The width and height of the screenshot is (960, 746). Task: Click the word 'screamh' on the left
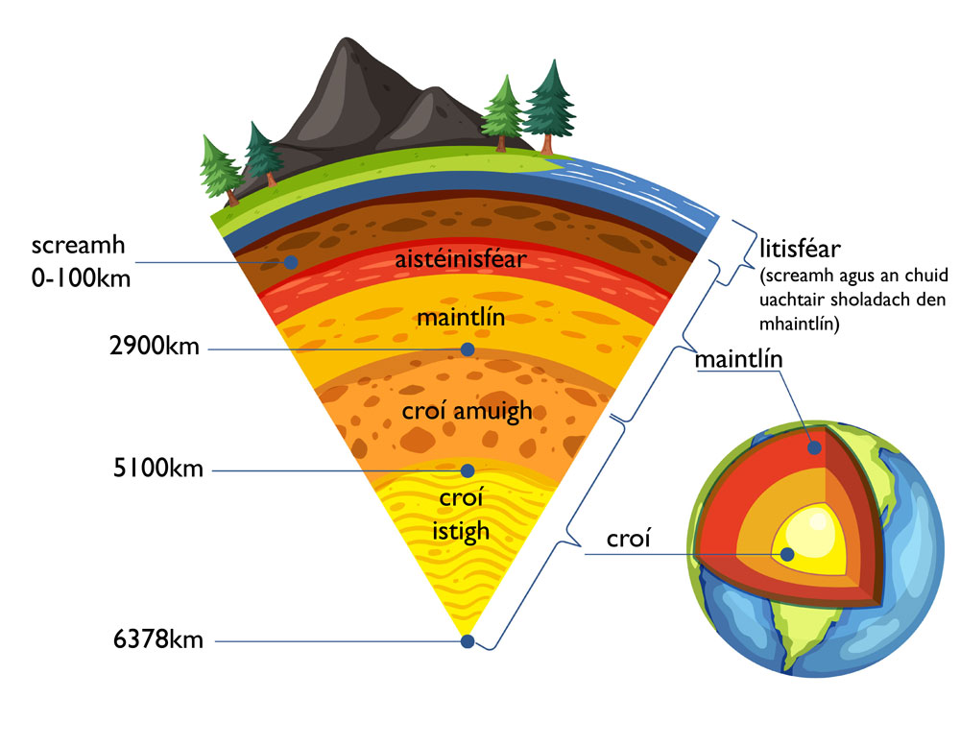point(71,247)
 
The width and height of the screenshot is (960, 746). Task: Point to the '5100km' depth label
point(157,470)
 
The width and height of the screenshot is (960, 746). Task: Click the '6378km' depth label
point(157,640)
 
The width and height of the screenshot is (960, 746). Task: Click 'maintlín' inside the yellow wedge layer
point(461,318)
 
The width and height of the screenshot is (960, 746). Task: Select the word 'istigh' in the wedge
point(463,531)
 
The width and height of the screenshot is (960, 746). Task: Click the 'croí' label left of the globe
point(629,540)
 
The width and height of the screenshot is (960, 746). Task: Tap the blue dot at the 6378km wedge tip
point(468,641)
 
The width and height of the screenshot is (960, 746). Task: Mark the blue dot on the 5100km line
point(468,470)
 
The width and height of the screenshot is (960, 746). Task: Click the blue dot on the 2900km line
point(468,349)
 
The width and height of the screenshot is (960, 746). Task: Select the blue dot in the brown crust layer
point(291,262)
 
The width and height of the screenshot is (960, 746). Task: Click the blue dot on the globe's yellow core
point(787,554)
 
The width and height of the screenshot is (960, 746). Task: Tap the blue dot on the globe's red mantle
point(815,446)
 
